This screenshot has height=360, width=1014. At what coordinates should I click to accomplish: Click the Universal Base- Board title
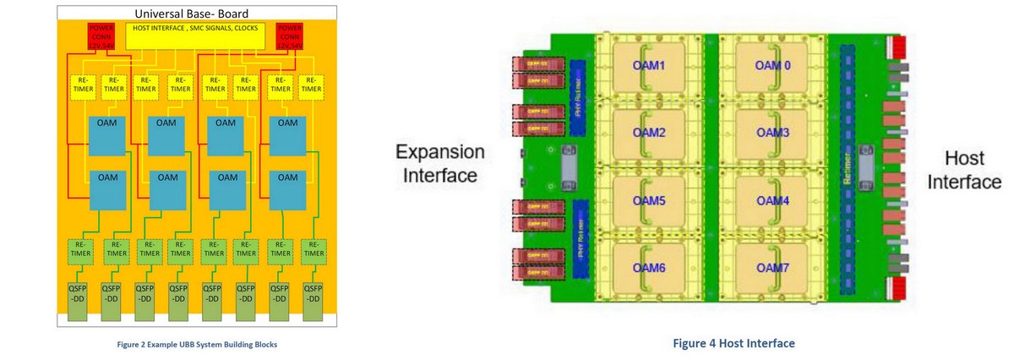(198, 14)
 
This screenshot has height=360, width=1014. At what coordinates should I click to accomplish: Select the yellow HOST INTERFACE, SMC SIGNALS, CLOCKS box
(194, 35)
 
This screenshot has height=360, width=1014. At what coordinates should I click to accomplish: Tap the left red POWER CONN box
(103, 36)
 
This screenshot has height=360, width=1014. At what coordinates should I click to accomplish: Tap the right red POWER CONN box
(292, 36)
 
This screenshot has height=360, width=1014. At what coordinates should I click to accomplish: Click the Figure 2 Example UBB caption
(198, 344)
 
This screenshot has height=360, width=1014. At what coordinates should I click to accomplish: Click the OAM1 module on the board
(649, 67)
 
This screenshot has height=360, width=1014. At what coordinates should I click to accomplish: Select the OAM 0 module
(771, 67)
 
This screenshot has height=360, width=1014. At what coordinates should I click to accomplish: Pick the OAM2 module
(649, 133)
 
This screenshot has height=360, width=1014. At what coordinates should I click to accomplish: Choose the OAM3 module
(771, 133)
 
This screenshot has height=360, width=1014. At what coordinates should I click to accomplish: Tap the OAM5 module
(649, 200)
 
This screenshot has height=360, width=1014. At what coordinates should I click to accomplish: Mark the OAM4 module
(771, 200)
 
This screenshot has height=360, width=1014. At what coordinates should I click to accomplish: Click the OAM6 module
(649, 267)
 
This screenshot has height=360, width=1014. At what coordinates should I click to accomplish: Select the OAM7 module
(771, 267)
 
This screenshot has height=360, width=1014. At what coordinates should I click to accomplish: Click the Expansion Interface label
(441, 163)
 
